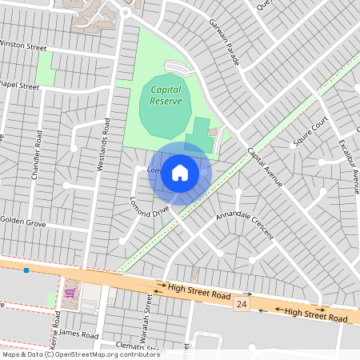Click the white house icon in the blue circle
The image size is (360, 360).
180,172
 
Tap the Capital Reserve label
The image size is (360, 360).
166,95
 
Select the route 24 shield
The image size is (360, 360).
241,305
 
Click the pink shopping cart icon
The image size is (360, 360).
70,293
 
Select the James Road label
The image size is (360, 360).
78,334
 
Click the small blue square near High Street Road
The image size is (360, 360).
27,270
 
